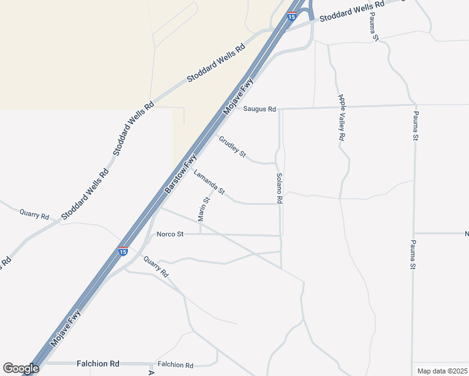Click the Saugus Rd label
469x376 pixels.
pos(260,109)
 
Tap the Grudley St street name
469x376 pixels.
pos(233,147)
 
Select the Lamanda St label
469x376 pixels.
pos(209,182)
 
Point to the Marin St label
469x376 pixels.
pos(204,209)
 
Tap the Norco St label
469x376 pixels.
pos(170,234)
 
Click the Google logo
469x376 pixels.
pos(21,368)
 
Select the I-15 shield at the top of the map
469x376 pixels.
pos(292,16)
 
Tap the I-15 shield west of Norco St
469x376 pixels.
pos(123,251)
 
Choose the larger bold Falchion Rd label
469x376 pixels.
pos(98,363)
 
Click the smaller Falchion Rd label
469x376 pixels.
pos(176,365)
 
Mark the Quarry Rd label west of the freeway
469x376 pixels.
pos(34,214)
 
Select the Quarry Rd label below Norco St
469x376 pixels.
pos(156,267)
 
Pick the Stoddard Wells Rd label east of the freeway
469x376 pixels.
pos(352,12)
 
